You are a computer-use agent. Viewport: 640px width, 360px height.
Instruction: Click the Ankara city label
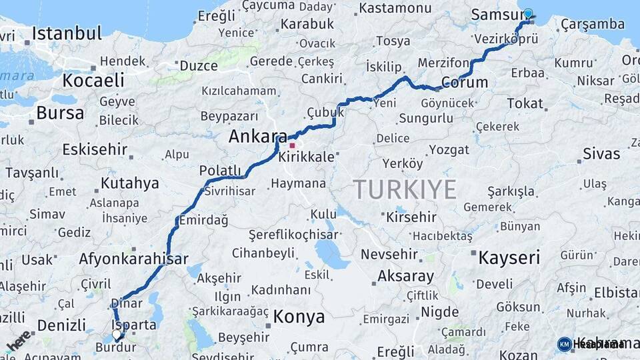(x=258, y=137)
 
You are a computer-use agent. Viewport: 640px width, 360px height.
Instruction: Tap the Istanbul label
(x=67, y=33)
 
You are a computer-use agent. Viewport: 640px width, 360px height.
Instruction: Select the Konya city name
(x=299, y=316)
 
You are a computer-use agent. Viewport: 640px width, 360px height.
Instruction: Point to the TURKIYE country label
(x=405, y=189)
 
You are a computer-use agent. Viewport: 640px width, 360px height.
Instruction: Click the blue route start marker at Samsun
(x=529, y=13)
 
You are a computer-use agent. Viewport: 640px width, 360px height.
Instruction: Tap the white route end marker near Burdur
(x=117, y=334)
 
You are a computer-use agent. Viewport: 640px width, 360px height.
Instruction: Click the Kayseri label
(x=509, y=257)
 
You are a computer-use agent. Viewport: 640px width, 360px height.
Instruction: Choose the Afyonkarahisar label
(x=133, y=259)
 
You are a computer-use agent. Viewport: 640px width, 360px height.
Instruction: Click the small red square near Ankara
(x=292, y=145)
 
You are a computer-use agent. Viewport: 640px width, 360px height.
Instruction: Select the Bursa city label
(x=60, y=113)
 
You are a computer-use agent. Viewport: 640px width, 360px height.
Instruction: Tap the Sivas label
(x=601, y=153)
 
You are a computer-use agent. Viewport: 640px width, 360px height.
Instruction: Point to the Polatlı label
(x=220, y=171)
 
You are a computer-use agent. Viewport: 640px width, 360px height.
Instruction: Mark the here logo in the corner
(x=18, y=341)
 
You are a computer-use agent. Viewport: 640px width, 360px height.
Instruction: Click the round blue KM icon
(x=565, y=344)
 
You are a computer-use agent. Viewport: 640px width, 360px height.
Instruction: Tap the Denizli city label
(x=61, y=325)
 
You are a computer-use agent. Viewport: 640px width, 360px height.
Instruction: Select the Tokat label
(x=525, y=103)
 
